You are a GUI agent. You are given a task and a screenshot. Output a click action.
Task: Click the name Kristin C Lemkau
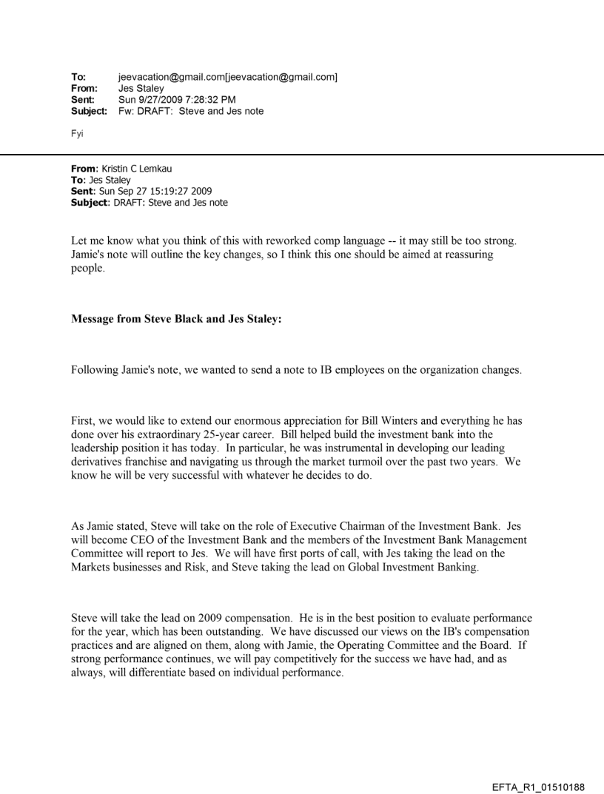point(127,168)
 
